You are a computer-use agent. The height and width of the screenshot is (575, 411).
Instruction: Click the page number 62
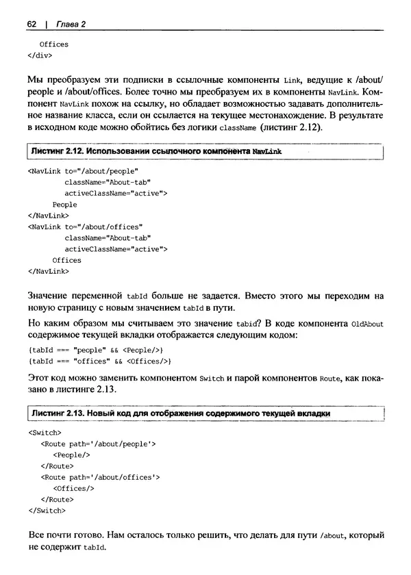(31, 24)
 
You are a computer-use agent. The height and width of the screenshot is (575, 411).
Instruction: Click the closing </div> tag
(40, 55)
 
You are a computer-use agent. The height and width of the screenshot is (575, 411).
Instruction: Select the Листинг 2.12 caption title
(155, 150)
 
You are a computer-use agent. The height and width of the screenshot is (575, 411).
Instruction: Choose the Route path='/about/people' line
(99, 444)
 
